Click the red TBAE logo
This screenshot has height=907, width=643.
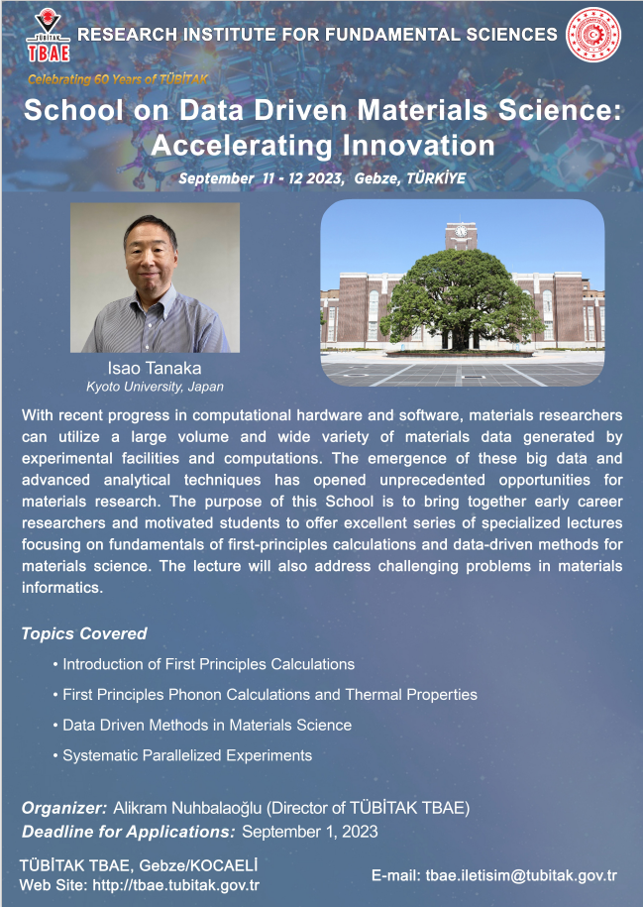(49, 36)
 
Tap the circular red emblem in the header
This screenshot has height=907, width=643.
(592, 35)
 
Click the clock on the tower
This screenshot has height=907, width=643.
(461, 231)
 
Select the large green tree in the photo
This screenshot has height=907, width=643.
(462, 298)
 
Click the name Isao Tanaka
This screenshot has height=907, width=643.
(155, 368)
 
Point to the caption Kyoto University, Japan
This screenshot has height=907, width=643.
(155, 387)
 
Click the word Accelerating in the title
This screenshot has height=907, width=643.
(242, 145)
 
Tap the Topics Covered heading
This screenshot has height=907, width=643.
(84, 633)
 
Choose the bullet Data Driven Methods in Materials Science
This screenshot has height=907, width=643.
(202, 725)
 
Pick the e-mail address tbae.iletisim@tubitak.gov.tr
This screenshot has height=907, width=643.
(521, 875)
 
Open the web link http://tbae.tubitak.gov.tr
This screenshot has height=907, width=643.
(175, 885)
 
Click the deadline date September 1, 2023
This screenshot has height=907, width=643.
(310, 832)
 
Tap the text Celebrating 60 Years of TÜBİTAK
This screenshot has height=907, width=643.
(118, 80)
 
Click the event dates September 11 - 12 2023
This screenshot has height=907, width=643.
(261, 178)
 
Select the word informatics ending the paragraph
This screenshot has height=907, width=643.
(62, 587)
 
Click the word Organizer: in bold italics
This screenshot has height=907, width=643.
(64, 808)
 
